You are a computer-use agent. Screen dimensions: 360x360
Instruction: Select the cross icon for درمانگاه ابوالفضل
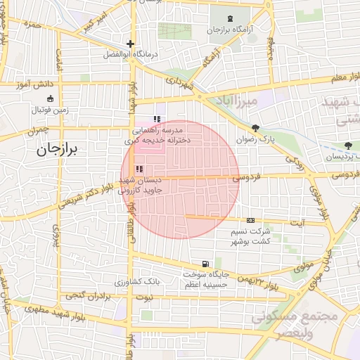(x=130, y=44)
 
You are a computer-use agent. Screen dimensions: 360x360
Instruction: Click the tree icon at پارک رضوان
(x=255, y=129)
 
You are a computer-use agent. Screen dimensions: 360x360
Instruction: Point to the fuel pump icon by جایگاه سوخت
(x=205, y=264)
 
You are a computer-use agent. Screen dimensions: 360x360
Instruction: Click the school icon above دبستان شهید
(x=139, y=169)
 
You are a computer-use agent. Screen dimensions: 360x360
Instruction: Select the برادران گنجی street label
(x=79, y=296)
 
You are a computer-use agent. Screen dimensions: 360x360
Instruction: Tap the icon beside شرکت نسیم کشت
(x=250, y=221)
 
